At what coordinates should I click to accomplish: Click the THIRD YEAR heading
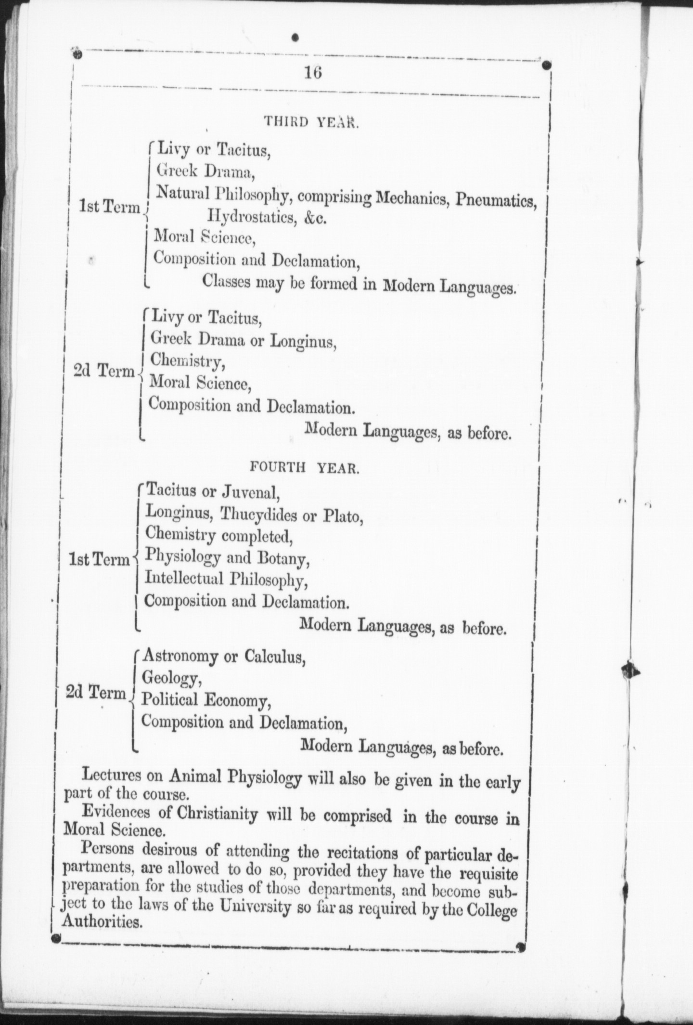coord(311,122)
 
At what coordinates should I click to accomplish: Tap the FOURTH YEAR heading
coord(304,468)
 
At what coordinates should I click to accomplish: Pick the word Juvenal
coord(250,492)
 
